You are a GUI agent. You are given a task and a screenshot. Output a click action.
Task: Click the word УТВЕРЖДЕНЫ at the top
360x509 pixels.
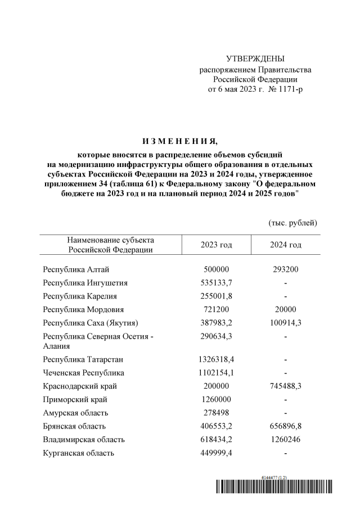point(255,59)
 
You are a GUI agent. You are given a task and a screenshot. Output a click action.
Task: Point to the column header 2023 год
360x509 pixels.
point(216,245)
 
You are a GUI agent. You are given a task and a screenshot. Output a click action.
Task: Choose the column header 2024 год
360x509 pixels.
point(285,245)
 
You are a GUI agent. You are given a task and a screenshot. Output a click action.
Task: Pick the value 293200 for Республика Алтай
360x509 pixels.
point(285,269)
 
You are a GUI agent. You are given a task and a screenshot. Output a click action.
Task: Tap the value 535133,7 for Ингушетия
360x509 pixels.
point(216,282)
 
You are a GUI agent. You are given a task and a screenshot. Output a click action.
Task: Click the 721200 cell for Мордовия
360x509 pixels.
point(216,309)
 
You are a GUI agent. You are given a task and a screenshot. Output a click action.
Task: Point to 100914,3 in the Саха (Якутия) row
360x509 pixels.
point(285,323)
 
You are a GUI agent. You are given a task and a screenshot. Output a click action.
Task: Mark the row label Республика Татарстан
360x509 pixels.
point(83,359)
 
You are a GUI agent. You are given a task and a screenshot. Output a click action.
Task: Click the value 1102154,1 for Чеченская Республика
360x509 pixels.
point(216,372)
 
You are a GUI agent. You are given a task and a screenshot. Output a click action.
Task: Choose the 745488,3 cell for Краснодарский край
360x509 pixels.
point(285,386)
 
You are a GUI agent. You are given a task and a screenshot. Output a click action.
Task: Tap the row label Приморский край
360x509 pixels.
point(75,399)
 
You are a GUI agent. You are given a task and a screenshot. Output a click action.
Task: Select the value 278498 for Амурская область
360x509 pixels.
point(216,413)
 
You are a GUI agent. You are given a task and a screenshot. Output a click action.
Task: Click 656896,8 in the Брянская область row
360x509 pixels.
point(285,426)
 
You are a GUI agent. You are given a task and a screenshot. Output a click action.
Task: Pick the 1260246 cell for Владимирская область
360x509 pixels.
point(285,439)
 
